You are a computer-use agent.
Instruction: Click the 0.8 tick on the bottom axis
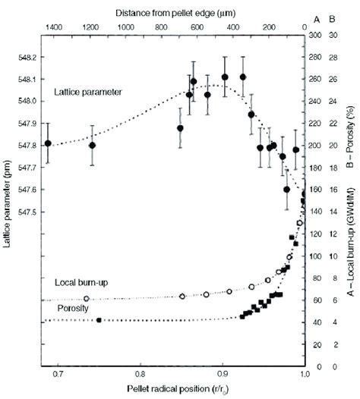coord(140,375)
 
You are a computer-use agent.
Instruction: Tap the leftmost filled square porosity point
coord(99,320)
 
